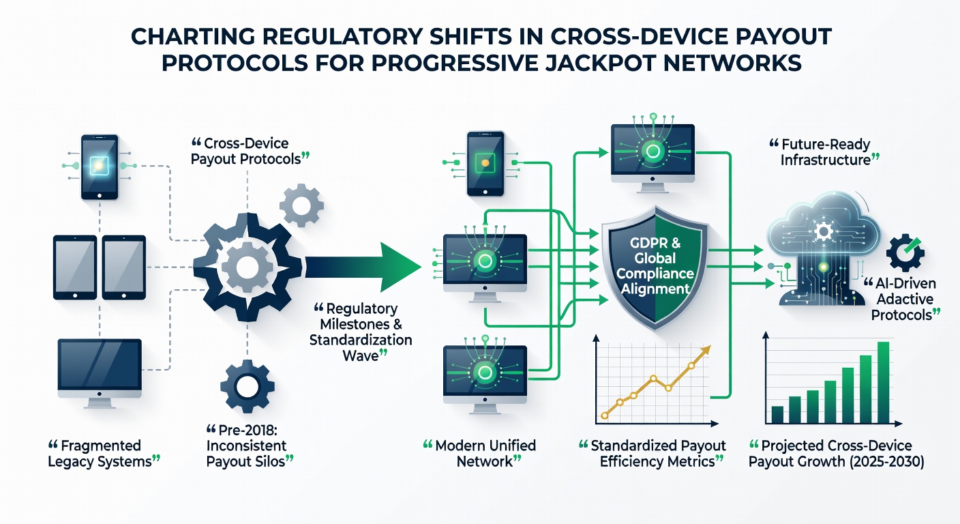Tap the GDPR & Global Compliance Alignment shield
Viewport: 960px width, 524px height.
[x=655, y=267]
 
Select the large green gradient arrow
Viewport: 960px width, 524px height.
[x=363, y=267]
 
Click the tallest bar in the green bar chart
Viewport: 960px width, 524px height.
[x=883, y=383]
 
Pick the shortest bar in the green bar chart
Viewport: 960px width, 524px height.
[x=777, y=415]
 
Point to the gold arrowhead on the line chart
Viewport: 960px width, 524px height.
[x=704, y=351]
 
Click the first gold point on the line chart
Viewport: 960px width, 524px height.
[x=605, y=415]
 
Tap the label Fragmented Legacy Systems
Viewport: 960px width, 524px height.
[x=104, y=454]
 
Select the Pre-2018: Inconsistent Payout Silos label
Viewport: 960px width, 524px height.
[x=250, y=446]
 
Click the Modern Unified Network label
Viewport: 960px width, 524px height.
[x=479, y=454]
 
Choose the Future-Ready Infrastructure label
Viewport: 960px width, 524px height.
[x=824, y=152]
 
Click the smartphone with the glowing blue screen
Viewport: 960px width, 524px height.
[x=100, y=166]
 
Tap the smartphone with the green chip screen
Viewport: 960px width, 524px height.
[x=485, y=164]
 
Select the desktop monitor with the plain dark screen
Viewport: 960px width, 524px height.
[x=100, y=373]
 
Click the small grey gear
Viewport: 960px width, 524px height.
[x=301, y=205]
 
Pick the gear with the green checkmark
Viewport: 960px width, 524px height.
[x=905, y=252]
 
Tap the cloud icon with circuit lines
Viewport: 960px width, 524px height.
[x=823, y=249]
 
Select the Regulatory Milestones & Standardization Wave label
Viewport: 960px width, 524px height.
[x=361, y=332]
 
